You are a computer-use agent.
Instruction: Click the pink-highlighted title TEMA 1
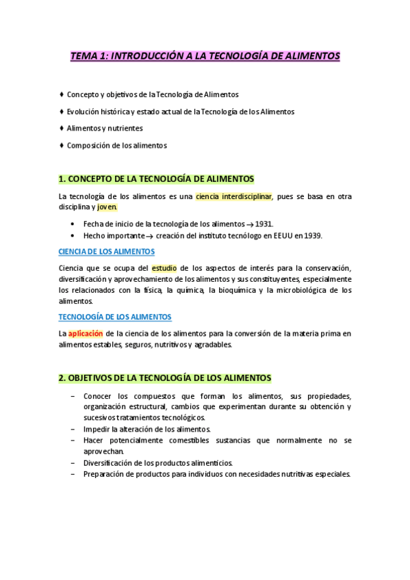(205, 56)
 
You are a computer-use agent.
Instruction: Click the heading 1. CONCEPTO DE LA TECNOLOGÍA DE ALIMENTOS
(157, 179)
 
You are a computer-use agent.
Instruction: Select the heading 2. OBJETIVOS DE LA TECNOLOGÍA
(166, 378)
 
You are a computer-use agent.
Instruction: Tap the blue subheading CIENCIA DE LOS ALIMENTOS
(107, 252)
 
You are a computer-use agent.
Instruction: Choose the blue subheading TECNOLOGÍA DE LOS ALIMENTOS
(115, 317)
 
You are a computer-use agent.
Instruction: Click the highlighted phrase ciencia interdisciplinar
(234, 196)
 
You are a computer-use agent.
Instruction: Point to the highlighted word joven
(107, 207)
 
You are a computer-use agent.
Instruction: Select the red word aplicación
(85, 334)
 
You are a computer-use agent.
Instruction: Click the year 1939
(312, 235)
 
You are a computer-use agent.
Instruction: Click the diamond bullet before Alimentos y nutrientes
(62, 128)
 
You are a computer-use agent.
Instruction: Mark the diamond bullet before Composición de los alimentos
(62, 145)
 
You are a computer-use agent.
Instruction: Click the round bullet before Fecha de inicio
(74, 224)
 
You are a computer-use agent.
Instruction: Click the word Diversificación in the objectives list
(107, 462)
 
